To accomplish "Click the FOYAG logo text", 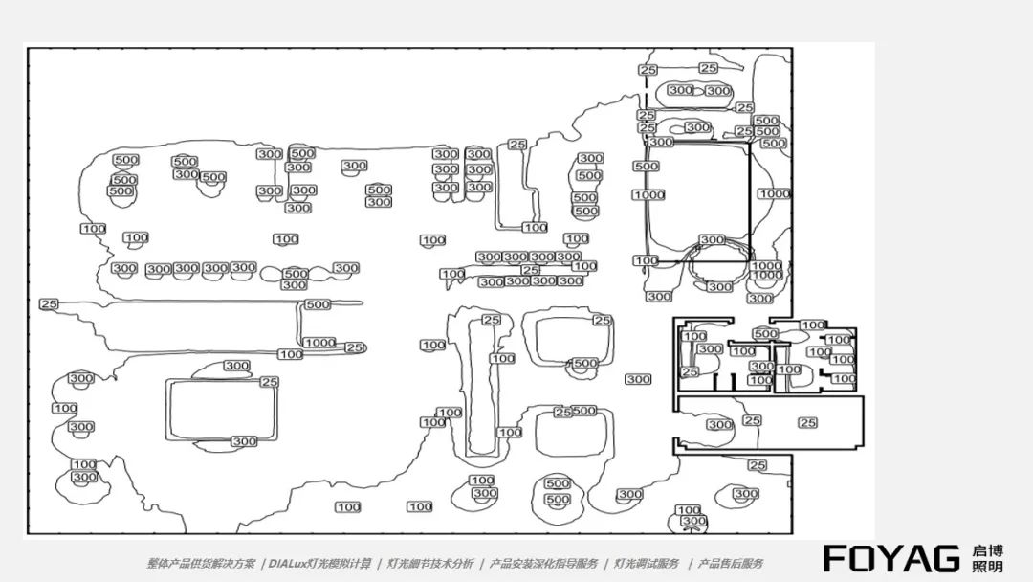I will tap(891, 558).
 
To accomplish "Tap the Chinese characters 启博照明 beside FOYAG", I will tap(987, 558).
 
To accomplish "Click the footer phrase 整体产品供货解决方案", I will tap(200, 564).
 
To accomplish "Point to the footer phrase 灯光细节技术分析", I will tap(430, 564).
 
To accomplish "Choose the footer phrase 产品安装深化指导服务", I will tap(543, 564).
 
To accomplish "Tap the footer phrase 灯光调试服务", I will tap(647, 564).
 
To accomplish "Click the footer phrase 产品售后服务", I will tap(731, 564).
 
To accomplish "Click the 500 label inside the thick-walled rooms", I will tap(765, 334).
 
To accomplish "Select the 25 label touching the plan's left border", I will tap(49, 303).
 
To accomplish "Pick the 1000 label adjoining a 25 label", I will tap(319, 343).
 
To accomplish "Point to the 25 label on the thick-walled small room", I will tap(690, 371).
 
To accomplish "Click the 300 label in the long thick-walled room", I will tap(720, 424).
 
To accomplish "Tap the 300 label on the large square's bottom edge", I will tap(712, 240).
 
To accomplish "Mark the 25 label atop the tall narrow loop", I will tap(492, 320).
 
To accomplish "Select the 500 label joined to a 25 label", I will tap(583, 411).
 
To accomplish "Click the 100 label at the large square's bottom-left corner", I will tap(647, 260).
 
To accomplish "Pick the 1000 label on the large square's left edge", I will tap(648, 195).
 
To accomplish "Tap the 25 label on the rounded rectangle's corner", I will tap(270, 382).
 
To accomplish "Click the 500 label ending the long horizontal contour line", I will tap(318, 304).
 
